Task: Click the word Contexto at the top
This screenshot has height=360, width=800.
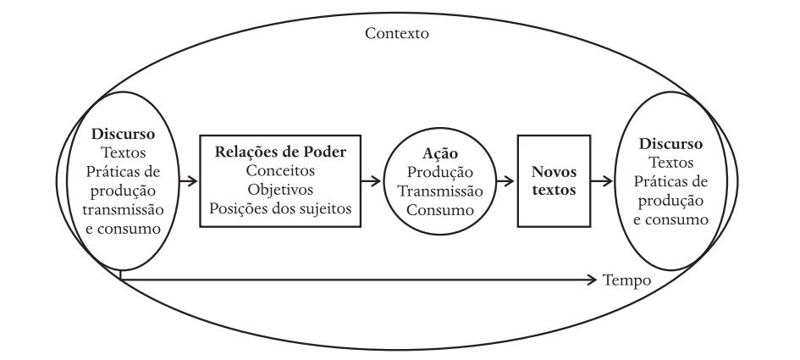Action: click(397, 35)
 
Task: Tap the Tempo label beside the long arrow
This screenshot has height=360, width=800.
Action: click(626, 280)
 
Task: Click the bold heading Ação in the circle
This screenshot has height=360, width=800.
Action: click(439, 153)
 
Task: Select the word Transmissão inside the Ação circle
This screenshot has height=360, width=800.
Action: click(439, 191)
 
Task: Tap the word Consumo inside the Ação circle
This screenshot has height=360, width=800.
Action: click(439, 209)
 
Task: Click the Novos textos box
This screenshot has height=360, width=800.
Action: click(547, 181)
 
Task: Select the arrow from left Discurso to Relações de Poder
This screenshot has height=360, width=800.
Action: click(189, 180)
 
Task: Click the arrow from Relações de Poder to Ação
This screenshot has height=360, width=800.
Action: click(371, 180)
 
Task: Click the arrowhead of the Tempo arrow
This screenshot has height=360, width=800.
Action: click(593, 279)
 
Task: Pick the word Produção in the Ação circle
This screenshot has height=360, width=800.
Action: click(439, 172)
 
